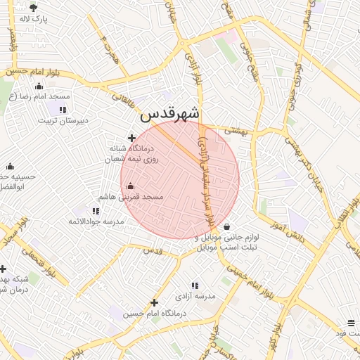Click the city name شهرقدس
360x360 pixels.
pos(170,113)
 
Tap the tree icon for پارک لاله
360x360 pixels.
pos(33,7)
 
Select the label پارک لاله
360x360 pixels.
pos(34,19)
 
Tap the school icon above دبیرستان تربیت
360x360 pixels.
pos(63,109)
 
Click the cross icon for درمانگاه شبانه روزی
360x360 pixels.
pos(131,138)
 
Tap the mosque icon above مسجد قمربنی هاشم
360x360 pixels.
pos(130,186)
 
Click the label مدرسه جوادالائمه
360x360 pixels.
pos(94,221)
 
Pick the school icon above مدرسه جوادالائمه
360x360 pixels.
pos(96,210)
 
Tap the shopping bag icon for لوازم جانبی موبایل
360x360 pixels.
pos(226,226)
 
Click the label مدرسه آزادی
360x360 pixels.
pos(195,296)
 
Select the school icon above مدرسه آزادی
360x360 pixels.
pos(195,285)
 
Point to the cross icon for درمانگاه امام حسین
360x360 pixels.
pos(154,302)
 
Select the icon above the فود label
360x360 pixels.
pos(351,323)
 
